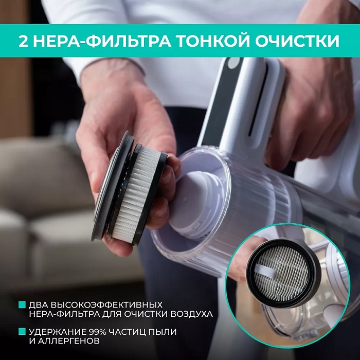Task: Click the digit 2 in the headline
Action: [x=24, y=41]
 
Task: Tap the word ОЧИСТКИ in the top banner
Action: [x=297, y=41]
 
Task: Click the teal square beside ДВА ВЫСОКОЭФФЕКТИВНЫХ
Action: [x=22, y=304]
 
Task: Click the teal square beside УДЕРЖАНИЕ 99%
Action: [x=22, y=331]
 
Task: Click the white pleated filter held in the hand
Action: [x=135, y=194]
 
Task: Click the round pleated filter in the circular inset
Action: [x=282, y=273]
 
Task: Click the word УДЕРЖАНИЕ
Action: [x=57, y=332]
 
